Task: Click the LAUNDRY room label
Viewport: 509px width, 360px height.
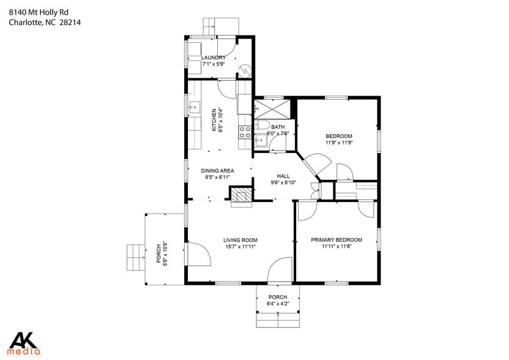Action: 213,58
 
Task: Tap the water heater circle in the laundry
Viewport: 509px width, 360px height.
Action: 245,70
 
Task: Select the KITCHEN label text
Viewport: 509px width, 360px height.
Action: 214,116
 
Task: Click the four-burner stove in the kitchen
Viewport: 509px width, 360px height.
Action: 245,133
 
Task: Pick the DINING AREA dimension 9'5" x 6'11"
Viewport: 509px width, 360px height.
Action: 218,178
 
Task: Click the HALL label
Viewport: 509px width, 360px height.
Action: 283,176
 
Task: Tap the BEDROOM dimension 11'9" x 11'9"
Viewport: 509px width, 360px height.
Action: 339,143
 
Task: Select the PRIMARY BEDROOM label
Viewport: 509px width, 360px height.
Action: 336,240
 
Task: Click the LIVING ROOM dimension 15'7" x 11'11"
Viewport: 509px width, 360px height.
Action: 240,247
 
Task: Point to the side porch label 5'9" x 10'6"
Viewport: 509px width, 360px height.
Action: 165,253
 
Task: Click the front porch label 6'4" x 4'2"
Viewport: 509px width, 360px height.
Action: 277,304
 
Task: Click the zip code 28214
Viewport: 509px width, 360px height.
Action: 70,23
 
